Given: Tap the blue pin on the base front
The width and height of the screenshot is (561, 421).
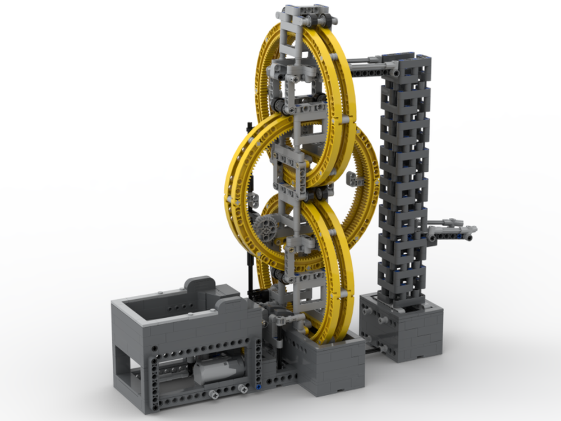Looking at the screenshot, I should (257, 387).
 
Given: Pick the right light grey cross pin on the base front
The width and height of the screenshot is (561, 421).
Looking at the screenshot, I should (243, 388).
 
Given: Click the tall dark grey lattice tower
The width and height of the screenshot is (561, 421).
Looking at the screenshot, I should (405, 180).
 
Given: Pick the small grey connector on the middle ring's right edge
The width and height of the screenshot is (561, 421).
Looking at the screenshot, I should (354, 180).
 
